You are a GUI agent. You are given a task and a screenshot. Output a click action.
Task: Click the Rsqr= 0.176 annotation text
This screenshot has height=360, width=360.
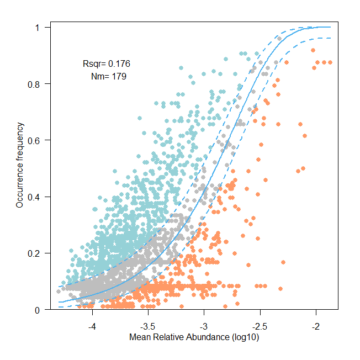pos(106,63)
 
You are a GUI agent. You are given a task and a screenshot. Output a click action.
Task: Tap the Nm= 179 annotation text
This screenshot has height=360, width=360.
pos(108,77)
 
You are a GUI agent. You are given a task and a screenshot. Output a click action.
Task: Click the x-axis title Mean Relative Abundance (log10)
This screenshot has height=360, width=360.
pos(194,337)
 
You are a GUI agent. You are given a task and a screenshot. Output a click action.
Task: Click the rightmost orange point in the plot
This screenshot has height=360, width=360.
pos(330,62)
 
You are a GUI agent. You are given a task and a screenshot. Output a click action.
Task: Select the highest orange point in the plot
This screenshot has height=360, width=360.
pos(313,51)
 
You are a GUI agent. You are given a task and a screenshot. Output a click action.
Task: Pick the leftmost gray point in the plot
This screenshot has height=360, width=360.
pos(59,291)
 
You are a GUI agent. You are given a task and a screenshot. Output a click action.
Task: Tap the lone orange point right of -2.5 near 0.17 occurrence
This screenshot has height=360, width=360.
pos(283,262)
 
